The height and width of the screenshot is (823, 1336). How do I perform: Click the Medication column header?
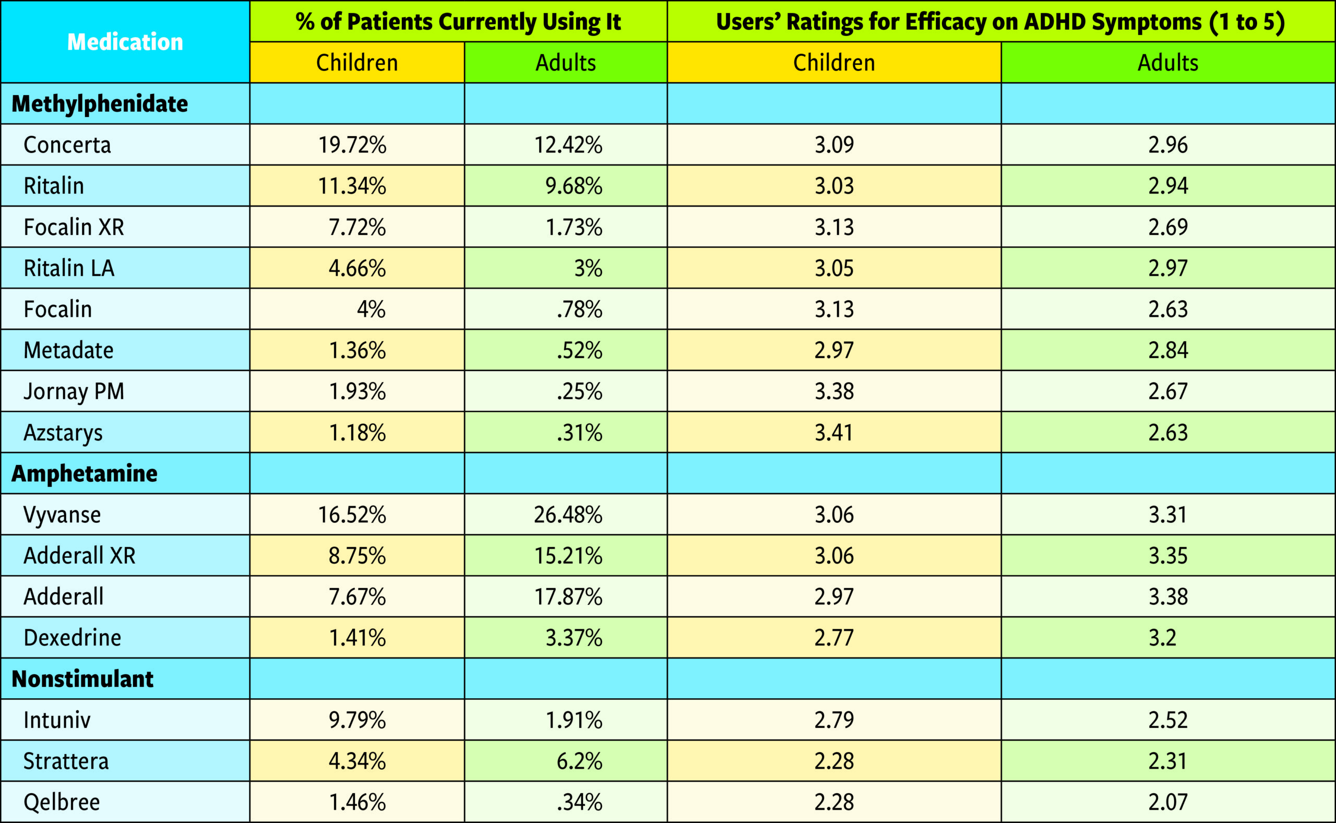coord(125,42)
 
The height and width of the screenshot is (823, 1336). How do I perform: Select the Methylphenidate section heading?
coord(100,103)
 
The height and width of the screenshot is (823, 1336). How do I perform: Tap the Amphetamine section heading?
coord(85,473)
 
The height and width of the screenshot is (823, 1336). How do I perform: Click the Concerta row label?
coord(67,145)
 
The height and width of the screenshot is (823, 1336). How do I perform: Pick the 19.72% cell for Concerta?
coord(352,145)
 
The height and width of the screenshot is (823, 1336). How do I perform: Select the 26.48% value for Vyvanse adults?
coord(568,515)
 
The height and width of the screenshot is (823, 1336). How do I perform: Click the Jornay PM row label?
coord(74,391)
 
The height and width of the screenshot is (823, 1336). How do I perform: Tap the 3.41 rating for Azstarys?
coord(834,433)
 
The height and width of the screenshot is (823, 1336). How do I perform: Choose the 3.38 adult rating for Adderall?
coord(1168,597)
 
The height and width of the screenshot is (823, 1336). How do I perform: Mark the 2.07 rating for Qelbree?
coord(1168,802)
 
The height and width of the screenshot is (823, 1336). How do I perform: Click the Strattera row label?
coord(66,761)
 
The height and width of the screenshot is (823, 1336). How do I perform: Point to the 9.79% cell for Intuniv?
coord(357,720)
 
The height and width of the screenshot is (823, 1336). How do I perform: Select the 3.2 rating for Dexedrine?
coord(1162,637)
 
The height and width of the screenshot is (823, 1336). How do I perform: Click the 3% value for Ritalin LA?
coord(588,268)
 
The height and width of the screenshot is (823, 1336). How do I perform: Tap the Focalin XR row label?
coord(74,227)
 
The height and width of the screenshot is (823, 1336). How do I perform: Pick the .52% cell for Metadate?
coord(579,351)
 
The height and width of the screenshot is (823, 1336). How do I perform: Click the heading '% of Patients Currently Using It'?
coord(458,22)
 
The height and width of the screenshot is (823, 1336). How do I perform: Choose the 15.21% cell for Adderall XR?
coord(568,556)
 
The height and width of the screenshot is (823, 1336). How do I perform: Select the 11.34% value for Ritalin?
coord(352,186)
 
